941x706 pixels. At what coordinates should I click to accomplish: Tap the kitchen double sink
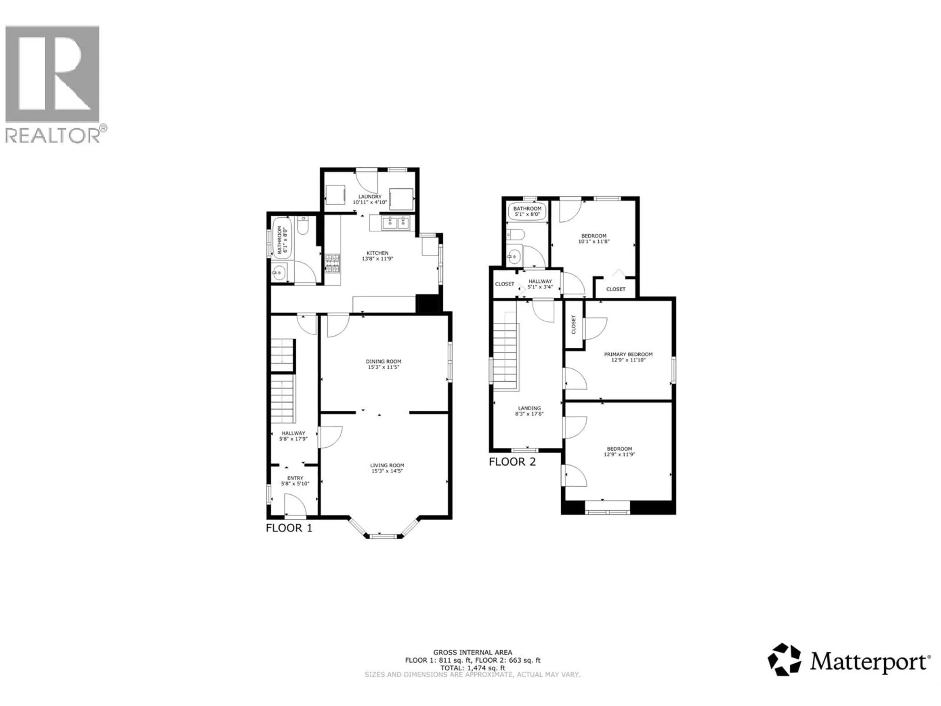click(396, 222)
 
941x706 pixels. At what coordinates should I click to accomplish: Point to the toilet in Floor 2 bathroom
click(516, 235)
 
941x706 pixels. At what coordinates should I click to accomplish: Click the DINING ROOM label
click(383, 361)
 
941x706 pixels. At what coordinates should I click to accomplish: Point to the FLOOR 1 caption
click(289, 528)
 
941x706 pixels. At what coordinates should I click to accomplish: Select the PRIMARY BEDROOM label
click(628, 354)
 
